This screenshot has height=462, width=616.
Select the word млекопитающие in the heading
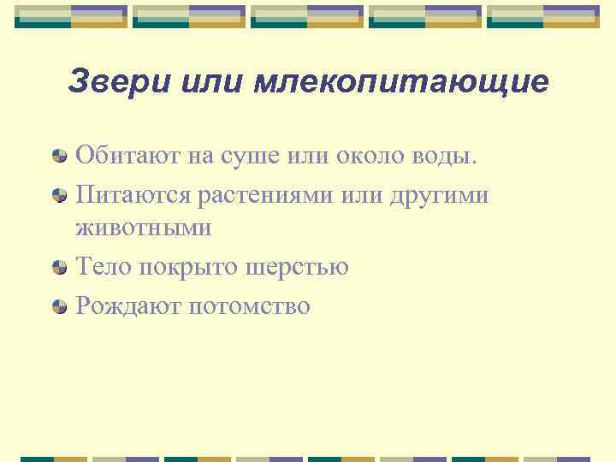[x=401, y=82]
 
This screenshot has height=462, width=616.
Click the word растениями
[x=268, y=195]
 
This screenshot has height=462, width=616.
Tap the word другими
[x=438, y=195]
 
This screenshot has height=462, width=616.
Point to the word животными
[x=143, y=228]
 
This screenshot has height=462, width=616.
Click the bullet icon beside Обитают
[x=59, y=156]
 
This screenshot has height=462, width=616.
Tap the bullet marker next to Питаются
[x=59, y=195]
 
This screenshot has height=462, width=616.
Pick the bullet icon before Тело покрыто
[x=59, y=267]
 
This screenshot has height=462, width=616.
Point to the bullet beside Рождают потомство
[x=59, y=306]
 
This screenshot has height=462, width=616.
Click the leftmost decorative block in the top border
[x=71, y=16]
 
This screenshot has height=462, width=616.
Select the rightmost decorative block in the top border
[x=543, y=16]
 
